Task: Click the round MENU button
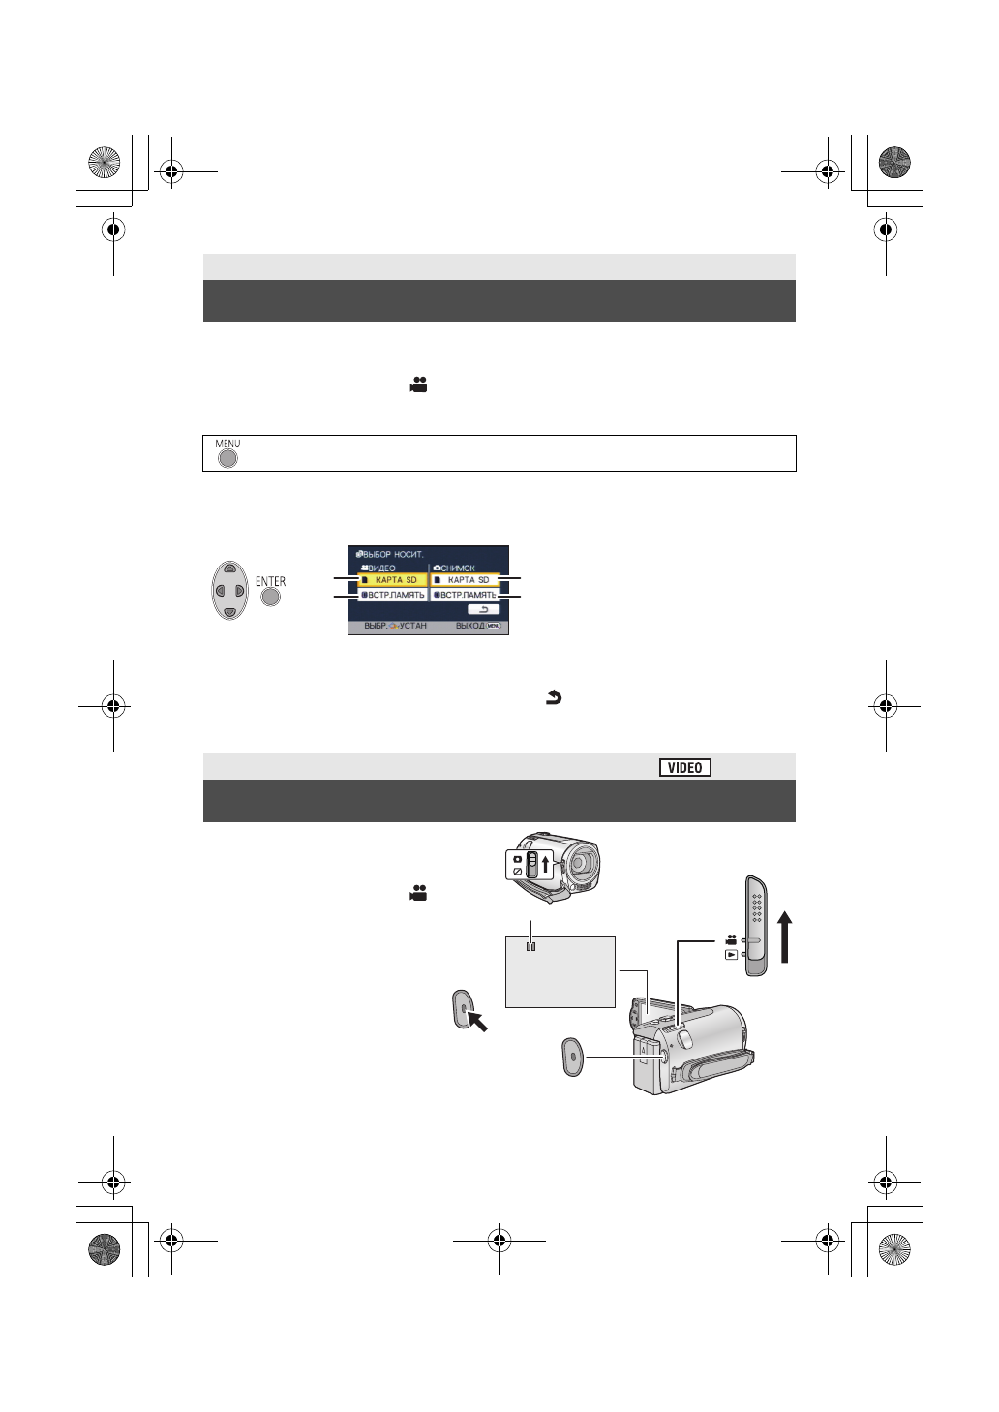pyautogui.click(x=227, y=459)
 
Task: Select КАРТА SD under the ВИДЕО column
pyautogui.click(x=392, y=579)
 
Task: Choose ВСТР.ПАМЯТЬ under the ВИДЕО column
pyautogui.click(x=392, y=595)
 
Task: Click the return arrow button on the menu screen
pyautogui.click(x=483, y=609)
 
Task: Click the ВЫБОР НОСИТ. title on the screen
pyautogui.click(x=389, y=554)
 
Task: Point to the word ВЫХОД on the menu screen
pyautogui.click(x=469, y=627)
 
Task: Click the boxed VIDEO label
pyautogui.click(x=685, y=767)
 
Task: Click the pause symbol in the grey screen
pyautogui.click(x=530, y=947)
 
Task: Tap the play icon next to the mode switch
pyautogui.click(x=731, y=954)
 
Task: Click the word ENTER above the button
pyautogui.click(x=270, y=581)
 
